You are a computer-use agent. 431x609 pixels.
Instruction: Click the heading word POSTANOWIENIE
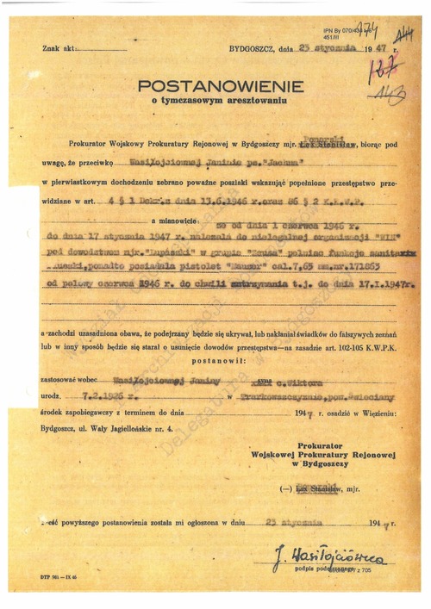221,86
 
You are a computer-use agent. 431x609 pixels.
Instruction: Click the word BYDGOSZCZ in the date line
249,50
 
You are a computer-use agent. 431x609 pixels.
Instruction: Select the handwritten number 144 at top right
402,35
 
